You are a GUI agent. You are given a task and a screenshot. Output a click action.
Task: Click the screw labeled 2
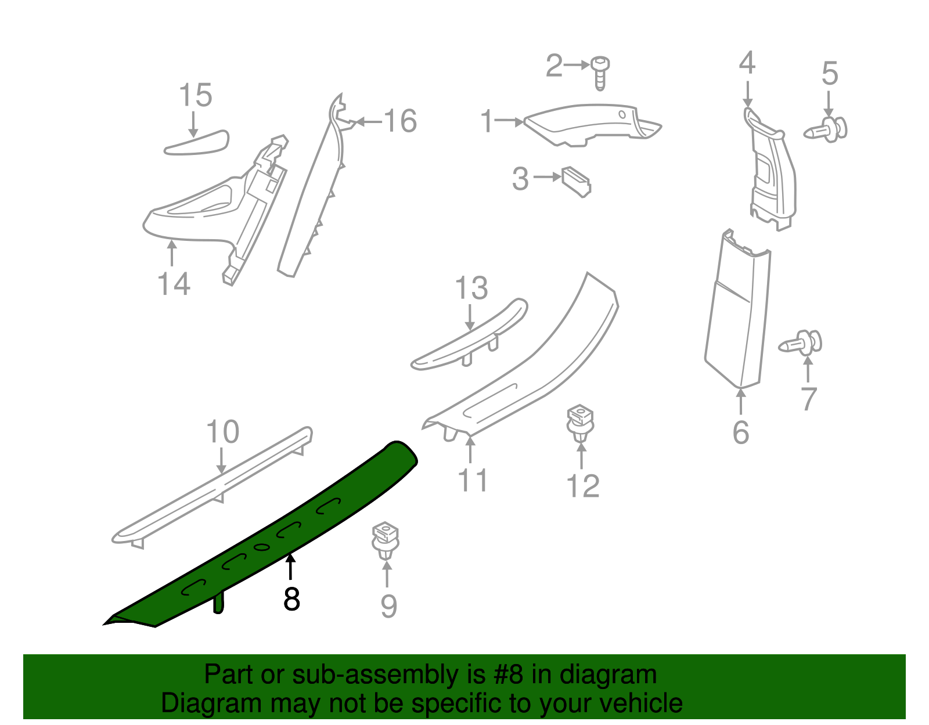tap(600, 72)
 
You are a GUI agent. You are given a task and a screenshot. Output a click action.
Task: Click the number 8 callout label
tap(291, 599)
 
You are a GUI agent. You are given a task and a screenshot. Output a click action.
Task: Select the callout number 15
tap(195, 95)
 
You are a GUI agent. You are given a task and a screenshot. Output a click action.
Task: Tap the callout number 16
tap(400, 121)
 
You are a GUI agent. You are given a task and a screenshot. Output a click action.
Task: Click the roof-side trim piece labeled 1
tap(586, 123)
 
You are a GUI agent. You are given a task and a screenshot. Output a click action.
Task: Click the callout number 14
tap(174, 284)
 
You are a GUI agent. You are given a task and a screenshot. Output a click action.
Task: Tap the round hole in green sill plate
tap(261, 547)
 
